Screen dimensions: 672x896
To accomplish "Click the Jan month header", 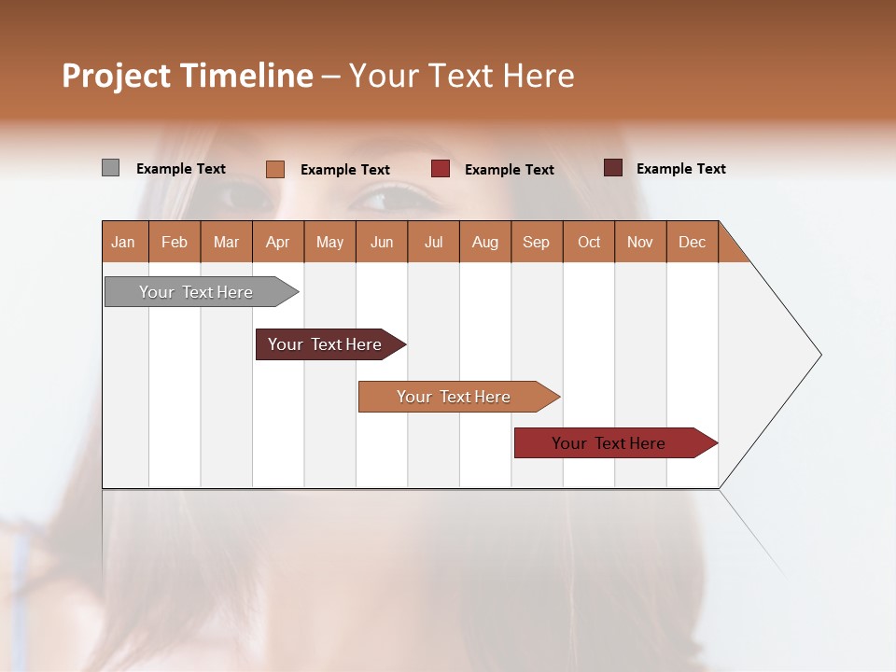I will pos(124,242).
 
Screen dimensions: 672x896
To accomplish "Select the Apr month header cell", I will pos(278,242).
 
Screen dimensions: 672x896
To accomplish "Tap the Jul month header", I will pos(433,242).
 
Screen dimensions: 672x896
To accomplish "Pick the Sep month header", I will pos(537,242).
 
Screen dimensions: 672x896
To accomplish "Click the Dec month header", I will pos(692,242).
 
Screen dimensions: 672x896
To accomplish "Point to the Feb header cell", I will pos(175,242).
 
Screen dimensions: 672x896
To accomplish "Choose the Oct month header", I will pos(589,242).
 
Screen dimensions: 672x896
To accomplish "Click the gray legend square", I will pos(110,168).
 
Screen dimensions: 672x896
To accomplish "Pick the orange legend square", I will pos(274,169).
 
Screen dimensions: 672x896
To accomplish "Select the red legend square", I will pos(441,169).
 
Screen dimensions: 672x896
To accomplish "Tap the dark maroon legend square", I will pos(612,168).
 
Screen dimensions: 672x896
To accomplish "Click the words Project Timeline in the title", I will pos(187,76).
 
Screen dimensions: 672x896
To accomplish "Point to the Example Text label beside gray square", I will pos(181,169).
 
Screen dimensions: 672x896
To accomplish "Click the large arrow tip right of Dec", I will pos(784,355).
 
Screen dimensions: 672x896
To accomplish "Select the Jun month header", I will pos(382,242).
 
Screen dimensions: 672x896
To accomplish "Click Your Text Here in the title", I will pos(461,76).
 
